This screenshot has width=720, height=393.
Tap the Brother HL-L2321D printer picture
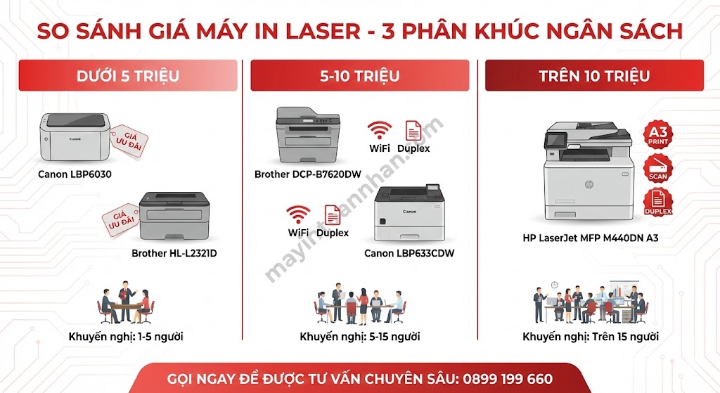pyautogui.click(x=174, y=216)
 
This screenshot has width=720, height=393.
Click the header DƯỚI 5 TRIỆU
pyautogui.click(x=127, y=76)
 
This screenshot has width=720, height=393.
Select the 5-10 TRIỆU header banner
pyautogui.click(x=359, y=76)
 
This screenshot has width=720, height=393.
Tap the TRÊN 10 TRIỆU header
pyautogui.click(x=594, y=76)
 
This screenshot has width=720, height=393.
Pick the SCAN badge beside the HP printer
pyautogui.click(x=658, y=169)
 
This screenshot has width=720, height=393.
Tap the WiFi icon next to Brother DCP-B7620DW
pyautogui.click(x=380, y=131)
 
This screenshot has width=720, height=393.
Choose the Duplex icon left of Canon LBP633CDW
pyautogui.click(x=332, y=214)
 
